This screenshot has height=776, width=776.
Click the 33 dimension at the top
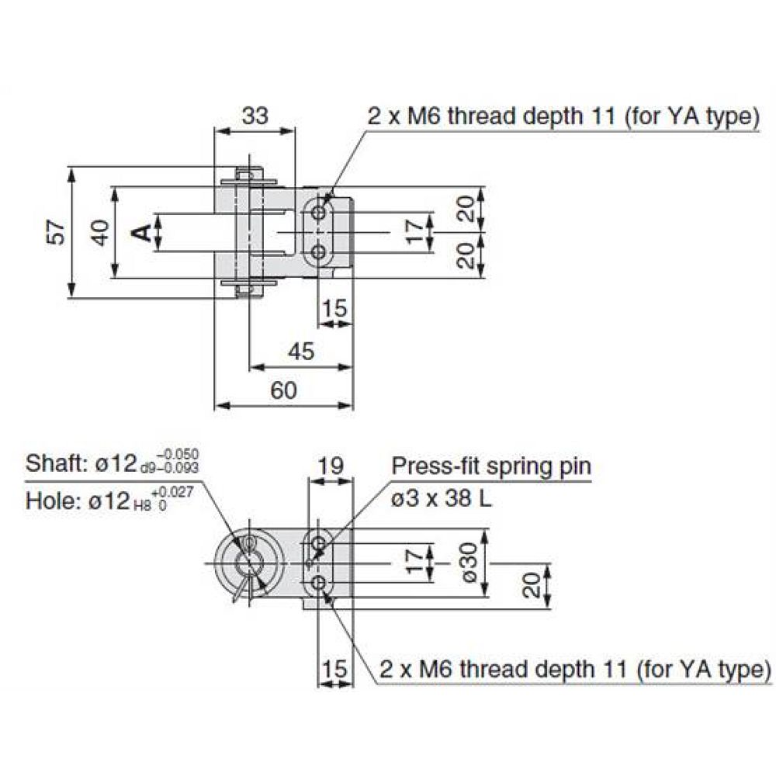(x=255, y=116)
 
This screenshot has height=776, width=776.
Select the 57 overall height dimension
(x=55, y=233)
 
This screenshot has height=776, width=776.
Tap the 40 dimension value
(x=99, y=233)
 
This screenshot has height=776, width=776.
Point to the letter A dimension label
(x=140, y=232)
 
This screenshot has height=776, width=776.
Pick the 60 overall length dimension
(x=284, y=390)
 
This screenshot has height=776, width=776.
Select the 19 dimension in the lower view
(x=331, y=466)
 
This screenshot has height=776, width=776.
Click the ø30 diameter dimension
(x=466, y=563)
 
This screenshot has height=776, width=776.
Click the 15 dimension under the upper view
(x=334, y=309)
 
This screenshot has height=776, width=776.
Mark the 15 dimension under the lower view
(x=334, y=669)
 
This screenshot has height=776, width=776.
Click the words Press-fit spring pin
(x=490, y=466)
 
